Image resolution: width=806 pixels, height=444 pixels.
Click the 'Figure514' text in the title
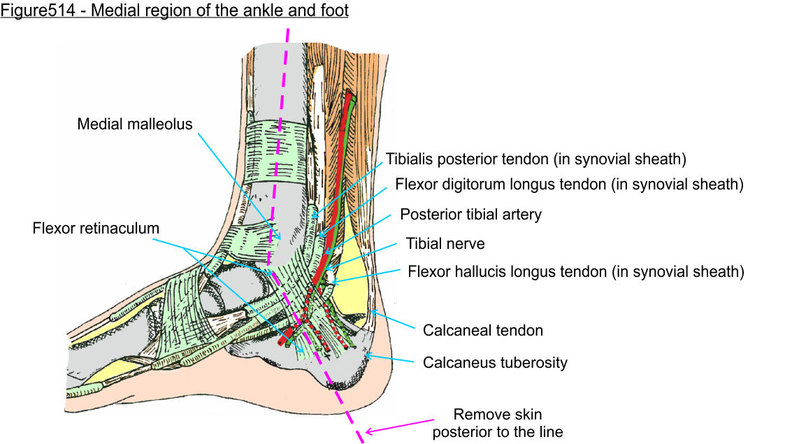pyautogui.click(x=29, y=10)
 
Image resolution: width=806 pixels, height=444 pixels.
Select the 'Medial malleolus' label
pyautogui.click(x=134, y=124)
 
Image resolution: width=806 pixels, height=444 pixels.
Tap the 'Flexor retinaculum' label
pyautogui.click(x=96, y=229)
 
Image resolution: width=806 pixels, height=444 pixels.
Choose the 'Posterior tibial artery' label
pyautogui.click(x=470, y=215)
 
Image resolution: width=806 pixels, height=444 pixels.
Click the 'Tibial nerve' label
pyautogui.click(x=445, y=244)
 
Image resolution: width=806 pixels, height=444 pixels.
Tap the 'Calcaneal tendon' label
pyautogui.click(x=483, y=330)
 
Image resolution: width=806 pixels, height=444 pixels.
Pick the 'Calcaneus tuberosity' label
pyautogui.click(x=495, y=362)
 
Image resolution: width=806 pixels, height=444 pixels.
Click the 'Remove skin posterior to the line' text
pyautogui.click(x=497, y=423)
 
